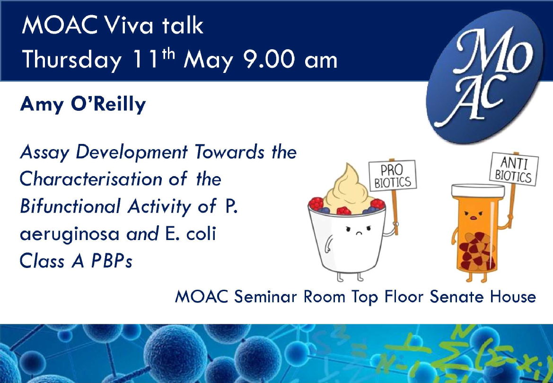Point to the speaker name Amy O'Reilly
pyautogui.click(x=83, y=104)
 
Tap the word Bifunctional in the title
pyautogui.click(x=70, y=206)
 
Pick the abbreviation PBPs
pyautogui.click(x=112, y=261)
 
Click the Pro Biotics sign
pyautogui.click(x=393, y=175)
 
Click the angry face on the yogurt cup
pyautogui.click(x=358, y=230)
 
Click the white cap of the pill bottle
pyautogui.click(x=478, y=191)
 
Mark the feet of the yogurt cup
pyautogui.click(x=350, y=276)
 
